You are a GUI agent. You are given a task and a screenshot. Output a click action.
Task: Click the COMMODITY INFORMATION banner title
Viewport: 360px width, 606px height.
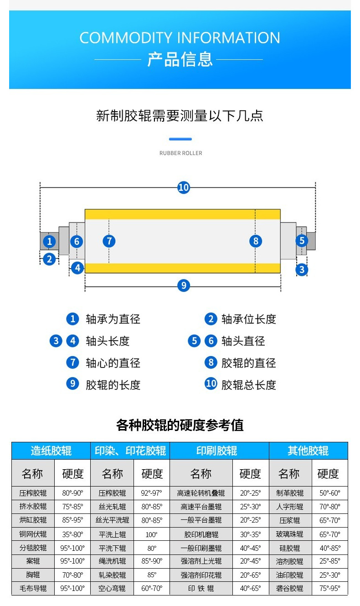coord(180,37)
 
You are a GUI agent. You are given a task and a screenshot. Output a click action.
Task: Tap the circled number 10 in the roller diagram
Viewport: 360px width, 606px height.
coord(183,187)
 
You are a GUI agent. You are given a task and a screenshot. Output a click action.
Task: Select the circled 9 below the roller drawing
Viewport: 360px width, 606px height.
coord(183,285)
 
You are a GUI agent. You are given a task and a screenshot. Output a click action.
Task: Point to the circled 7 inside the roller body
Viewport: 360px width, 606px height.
coord(109,241)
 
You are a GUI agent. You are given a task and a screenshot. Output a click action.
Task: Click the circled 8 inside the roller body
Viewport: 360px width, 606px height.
coord(256,241)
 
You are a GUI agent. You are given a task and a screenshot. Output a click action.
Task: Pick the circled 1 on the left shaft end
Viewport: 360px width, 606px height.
coord(49,241)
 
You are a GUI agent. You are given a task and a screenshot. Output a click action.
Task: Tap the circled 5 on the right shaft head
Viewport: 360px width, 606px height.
coord(301,241)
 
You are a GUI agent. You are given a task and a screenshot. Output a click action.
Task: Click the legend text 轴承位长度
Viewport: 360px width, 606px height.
coord(249,319)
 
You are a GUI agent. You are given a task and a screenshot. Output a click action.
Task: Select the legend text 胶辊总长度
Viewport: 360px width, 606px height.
coord(249,385)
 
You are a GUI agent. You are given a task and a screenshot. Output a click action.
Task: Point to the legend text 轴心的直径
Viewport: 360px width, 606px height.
coord(113,363)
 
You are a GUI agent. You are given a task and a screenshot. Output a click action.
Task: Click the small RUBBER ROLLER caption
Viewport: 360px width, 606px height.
coord(180,153)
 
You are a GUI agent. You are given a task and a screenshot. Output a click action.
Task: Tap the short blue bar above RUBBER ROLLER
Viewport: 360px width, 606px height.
coord(180,139)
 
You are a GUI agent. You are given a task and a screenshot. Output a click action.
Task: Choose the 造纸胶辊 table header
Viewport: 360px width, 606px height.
coord(51,451)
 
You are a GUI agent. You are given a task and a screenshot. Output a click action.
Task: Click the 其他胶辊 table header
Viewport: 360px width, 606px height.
coord(308,451)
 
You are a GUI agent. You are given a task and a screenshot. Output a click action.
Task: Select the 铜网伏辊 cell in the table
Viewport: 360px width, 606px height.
coord(33,534)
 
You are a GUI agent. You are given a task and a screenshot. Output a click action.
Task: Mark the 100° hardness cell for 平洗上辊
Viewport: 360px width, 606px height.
coord(152,534)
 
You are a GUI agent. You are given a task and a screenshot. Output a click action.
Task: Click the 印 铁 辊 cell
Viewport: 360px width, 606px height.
coord(201,588)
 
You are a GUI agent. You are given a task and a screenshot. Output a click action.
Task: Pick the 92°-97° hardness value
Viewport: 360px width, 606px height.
coord(152,493)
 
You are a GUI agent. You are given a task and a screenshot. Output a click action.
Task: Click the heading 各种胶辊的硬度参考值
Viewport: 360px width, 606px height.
coord(180,425)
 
